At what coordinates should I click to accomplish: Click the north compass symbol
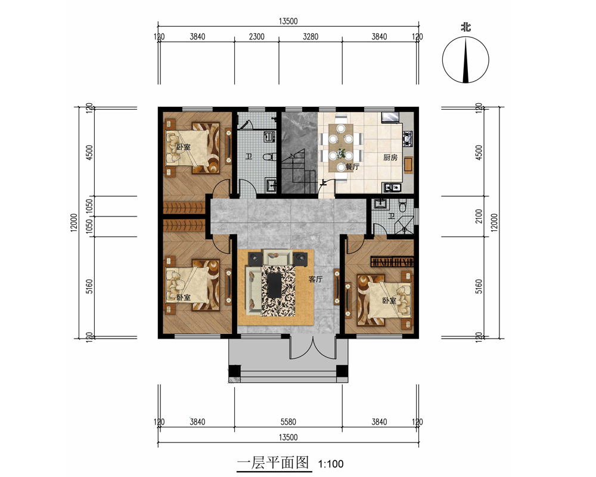[x=465, y=60]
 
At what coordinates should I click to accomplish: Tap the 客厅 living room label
[x=315, y=279]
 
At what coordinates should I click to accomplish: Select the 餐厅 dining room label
[x=352, y=166]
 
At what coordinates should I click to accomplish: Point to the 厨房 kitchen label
[x=390, y=157]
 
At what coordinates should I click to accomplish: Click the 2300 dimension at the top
[x=256, y=36]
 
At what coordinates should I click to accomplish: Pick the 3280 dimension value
[x=311, y=36]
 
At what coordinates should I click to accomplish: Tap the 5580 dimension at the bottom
[x=288, y=422]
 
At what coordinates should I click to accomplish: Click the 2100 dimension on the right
[x=479, y=216]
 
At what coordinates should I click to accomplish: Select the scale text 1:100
[x=331, y=464]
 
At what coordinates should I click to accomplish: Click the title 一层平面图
[x=273, y=463]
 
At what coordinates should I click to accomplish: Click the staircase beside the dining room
[x=299, y=172]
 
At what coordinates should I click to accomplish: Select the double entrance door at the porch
[x=313, y=347]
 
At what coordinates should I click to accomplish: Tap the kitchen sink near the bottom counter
[x=393, y=187]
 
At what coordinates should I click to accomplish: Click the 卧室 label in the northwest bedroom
[x=183, y=147]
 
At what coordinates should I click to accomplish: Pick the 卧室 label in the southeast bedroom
[x=389, y=301]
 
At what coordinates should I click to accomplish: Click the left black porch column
[x=234, y=370]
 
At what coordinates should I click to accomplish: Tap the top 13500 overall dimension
[x=288, y=21]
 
